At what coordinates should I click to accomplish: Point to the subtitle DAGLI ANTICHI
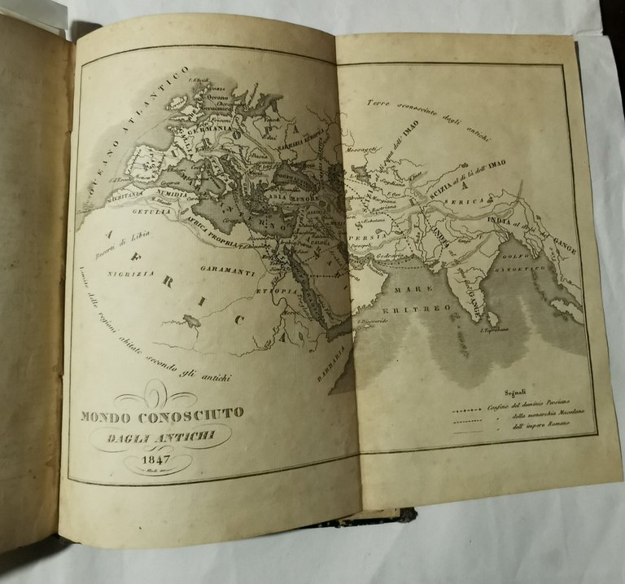(x=160, y=438)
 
